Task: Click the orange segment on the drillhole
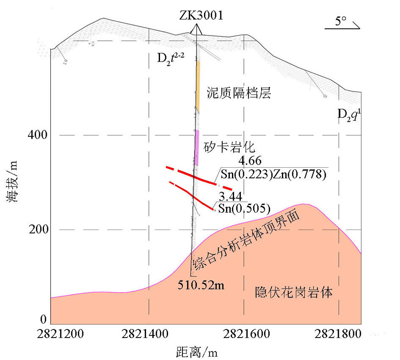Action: click(198, 86)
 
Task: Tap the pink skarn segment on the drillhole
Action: click(196, 147)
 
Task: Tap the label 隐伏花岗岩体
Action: click(294, 293)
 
